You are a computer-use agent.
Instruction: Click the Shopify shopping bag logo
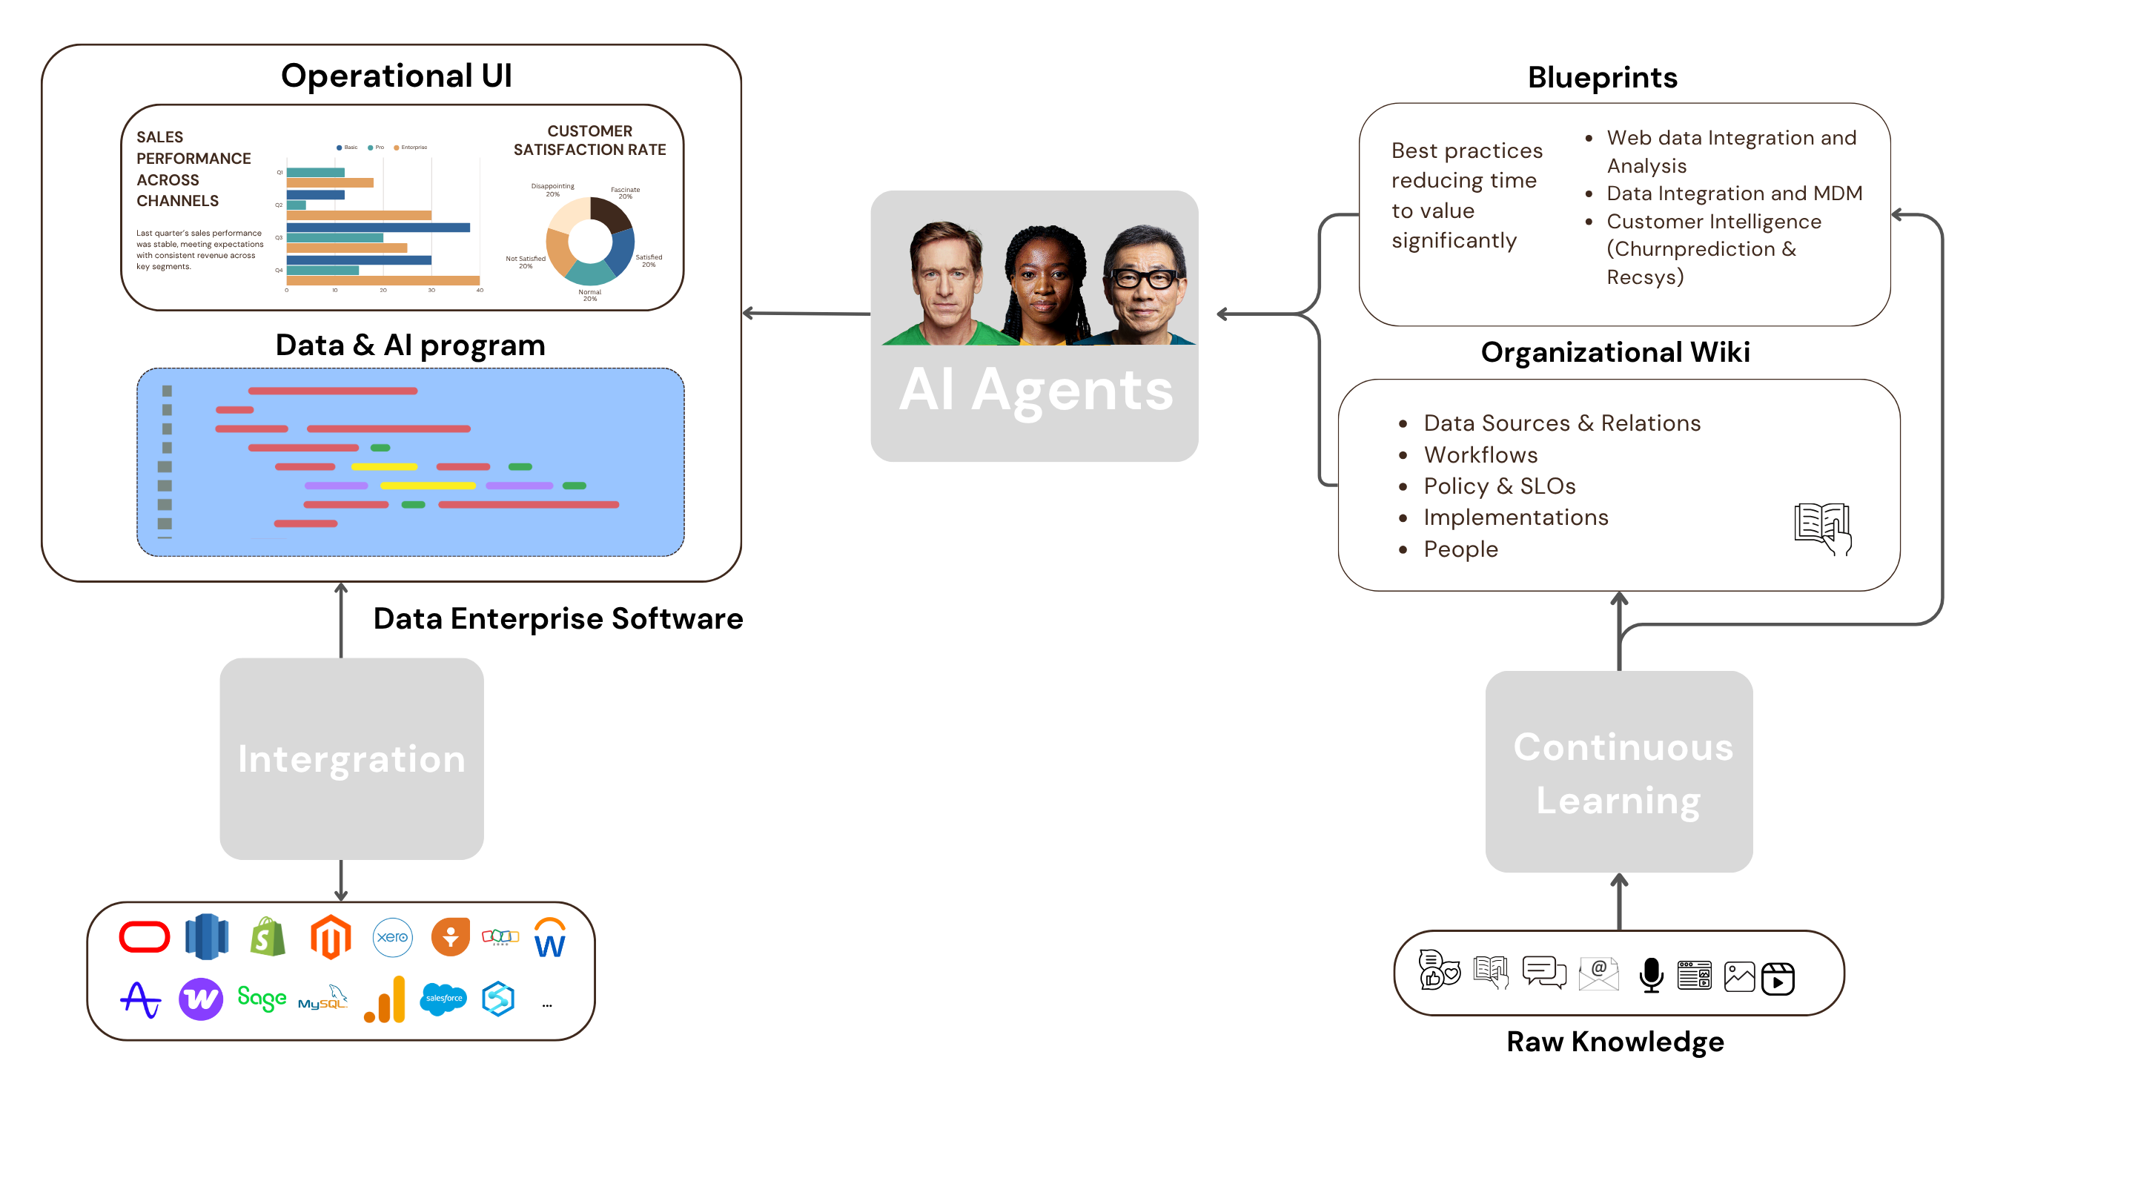point(268,937)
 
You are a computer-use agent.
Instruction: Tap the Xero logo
point(392,937)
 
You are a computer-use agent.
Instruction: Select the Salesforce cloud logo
point(443,999)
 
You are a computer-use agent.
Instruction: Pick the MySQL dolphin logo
point(322,999)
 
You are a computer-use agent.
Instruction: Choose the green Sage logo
point(261,999)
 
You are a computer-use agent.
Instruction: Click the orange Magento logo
point(331,937)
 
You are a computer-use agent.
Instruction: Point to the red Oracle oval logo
point(145,937)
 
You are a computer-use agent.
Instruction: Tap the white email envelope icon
point(1598,975)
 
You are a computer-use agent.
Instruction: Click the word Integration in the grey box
point(351,759)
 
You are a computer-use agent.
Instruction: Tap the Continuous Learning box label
point(1620,772)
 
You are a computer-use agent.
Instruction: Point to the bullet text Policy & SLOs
point(1499,486)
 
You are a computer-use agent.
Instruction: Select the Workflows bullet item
point(1480,455)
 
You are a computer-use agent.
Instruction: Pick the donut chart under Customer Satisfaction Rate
point(590,241)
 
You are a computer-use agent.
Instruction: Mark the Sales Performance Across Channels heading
point(192,169)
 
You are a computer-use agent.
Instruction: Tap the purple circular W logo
point(201,999)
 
